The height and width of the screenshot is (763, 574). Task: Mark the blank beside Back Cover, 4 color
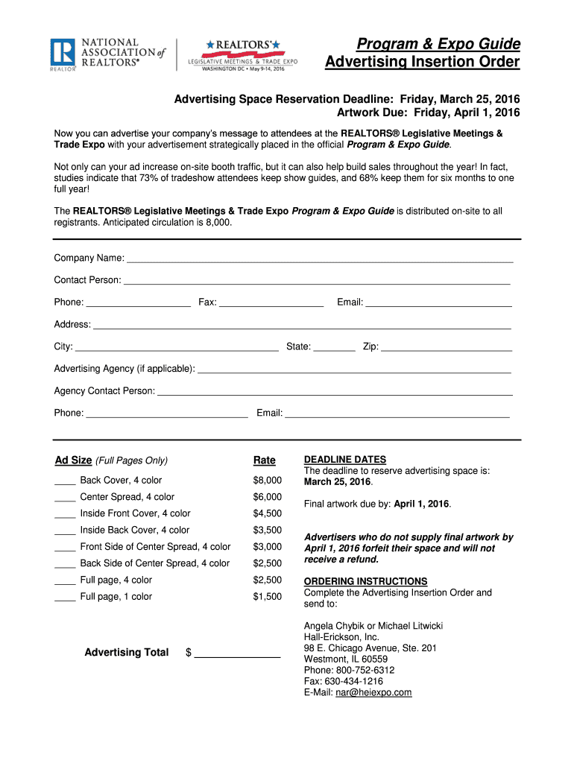[x=65, y=483]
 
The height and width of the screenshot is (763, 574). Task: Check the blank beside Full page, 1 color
[x=65, y=599]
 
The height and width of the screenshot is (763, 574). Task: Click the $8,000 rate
[x=268, y=481]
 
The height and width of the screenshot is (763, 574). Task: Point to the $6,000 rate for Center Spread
[x=268, y=497]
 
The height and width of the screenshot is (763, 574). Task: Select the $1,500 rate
[x=268, y=597]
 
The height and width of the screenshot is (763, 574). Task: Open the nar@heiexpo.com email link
[x=373, y=693]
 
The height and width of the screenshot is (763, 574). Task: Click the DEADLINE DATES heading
[x=345, y=460]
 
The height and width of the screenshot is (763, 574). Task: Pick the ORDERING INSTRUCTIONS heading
[x=366, y=581]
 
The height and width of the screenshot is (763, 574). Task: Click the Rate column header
[x=264, y=460]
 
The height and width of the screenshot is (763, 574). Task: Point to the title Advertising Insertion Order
[x=423, y=62]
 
